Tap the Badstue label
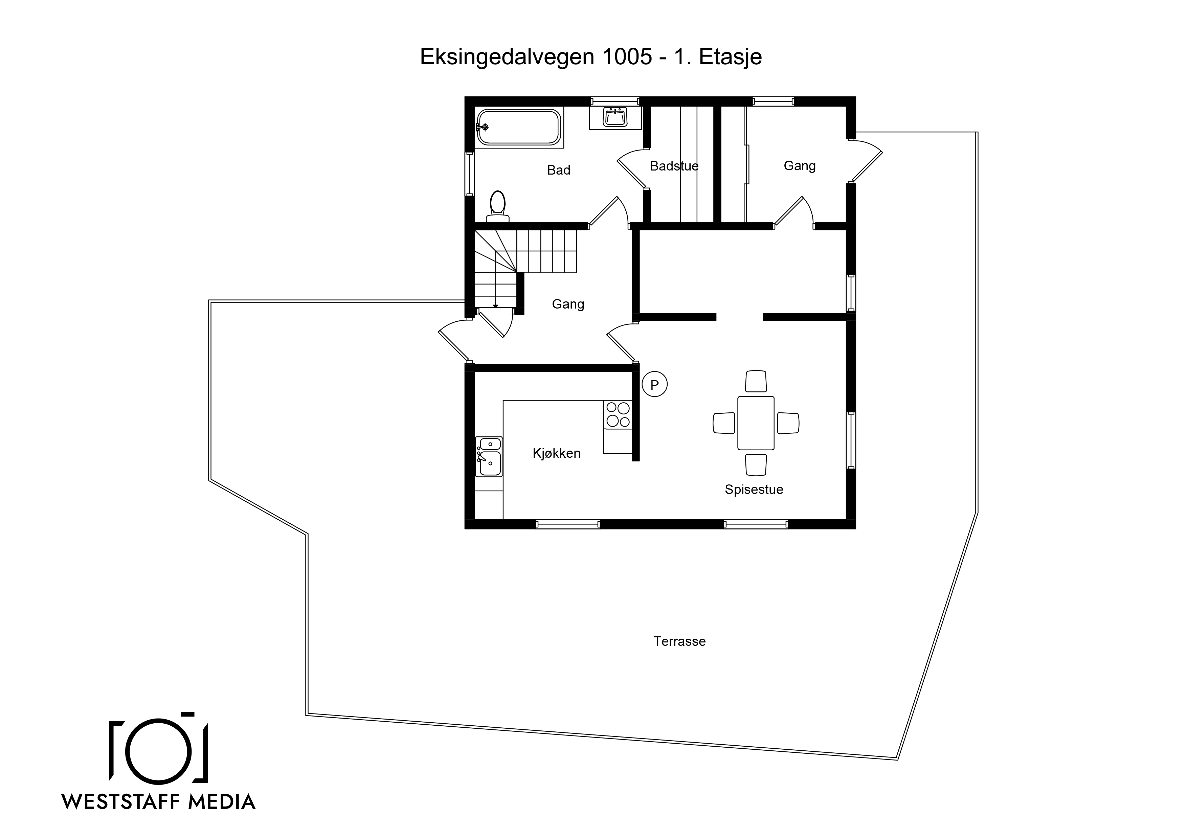674,166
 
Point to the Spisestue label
754,490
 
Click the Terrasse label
679,641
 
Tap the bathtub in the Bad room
518,127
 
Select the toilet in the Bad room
497,207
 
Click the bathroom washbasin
615,117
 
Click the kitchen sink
489,456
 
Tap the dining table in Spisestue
756,423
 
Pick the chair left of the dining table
724,423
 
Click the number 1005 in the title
627,57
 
